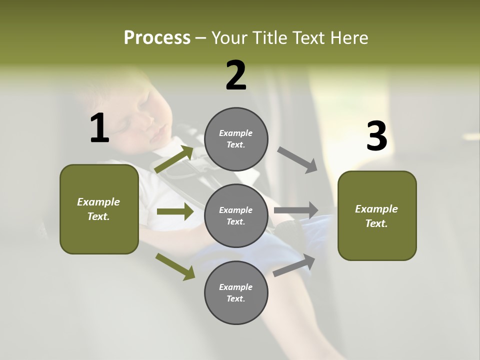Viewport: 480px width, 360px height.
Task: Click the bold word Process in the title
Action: pyautogui.click(x=157, y=37)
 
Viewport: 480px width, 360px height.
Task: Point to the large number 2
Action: pyautogui.click(x=236, y=75)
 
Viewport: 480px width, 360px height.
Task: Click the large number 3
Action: pyautogui.click(x=376, y=136)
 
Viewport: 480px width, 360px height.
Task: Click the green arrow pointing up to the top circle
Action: pyautogui.click(x=174, y=159)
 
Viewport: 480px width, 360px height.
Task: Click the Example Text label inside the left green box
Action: pyautogui.click(x=98, y=209)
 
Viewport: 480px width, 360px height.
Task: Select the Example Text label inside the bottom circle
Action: pyautogui.click(x=236, y=292)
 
